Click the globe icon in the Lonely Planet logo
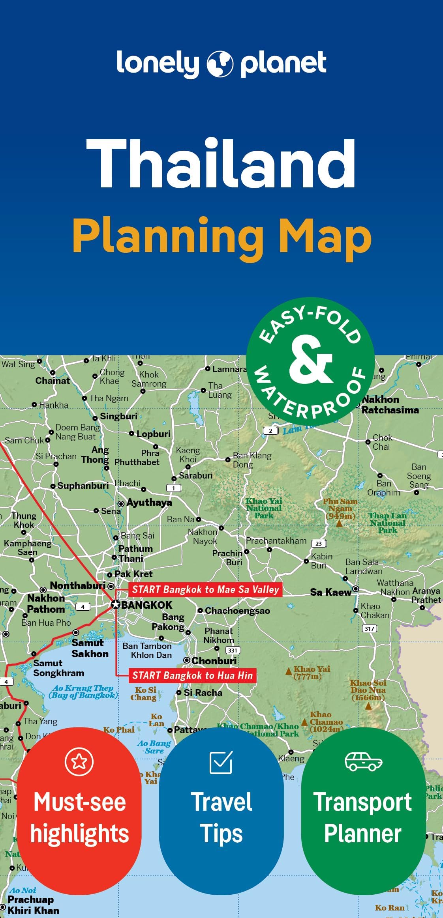[x=220, y=64]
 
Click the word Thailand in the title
[x=221, y=164]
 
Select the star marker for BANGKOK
[x=115, y=604]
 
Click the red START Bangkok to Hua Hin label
[x=192, y=675]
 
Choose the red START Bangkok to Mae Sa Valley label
[x=205, y=589]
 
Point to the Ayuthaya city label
[x=149, y=503]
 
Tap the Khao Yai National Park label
[x=264, y=508]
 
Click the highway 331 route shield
[x=233, y=650]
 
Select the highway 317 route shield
[x=369, y=628]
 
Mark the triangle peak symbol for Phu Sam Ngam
[x=339, y=524]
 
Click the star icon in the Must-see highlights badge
[x=79, y=762]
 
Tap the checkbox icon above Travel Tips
[x=221, y=763]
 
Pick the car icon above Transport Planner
[x=363, y=761]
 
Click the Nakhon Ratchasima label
[x=390, y=405]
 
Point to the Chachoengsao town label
[x=237, y=611]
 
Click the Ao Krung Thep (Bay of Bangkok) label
[x=83, y=692]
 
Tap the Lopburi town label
[x=153, y=434]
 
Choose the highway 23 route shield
[x=319, y=544]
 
